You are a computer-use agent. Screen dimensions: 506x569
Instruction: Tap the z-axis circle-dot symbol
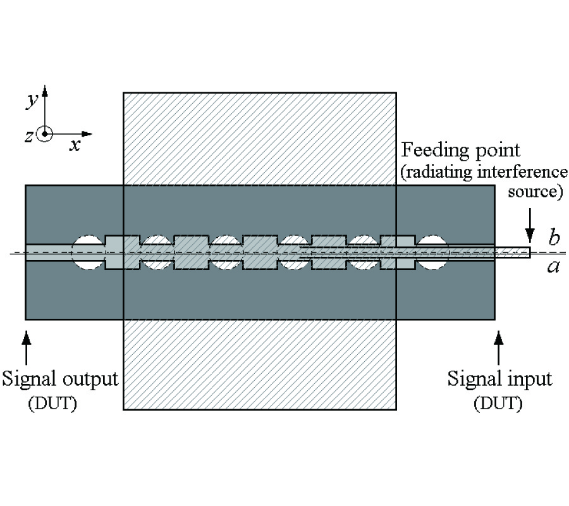click(x=44, y=135)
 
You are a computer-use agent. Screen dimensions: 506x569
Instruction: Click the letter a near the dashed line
click(x=553, y=266)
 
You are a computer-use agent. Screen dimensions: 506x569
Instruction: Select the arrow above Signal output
click(x=26, y=345)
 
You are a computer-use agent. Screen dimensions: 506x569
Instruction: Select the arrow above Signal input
click(x=499, y=345)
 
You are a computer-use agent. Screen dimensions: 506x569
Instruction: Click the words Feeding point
click(x=462, y=151)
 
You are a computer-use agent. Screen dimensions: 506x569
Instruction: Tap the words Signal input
click(x=499, y=379)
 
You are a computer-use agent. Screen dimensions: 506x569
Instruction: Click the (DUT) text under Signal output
click(x=52, y=404)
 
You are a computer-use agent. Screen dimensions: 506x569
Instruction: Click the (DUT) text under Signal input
click(x=498, y=404)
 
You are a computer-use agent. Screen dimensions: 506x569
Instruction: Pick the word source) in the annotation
click(x=535, y=191)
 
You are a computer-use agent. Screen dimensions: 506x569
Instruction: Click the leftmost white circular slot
click(x=88, y=252)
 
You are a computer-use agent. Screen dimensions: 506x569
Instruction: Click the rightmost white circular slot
click(x=432, y=252)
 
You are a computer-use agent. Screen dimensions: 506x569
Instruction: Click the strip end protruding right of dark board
click(x=513, y=252)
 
